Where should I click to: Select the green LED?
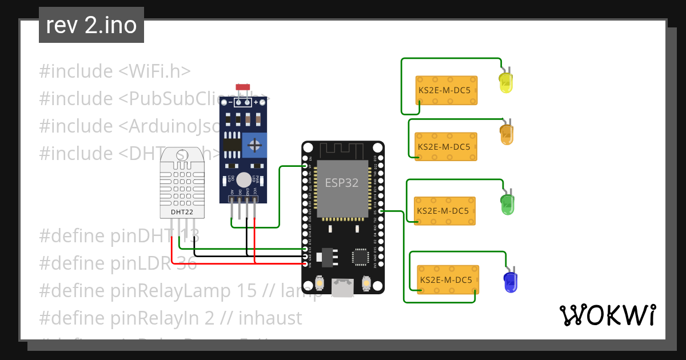[x=507, y=204]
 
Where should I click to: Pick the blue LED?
[x=510, y=282]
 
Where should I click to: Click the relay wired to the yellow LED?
[x=446, y=90]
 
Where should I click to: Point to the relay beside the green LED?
[x=444, y=210]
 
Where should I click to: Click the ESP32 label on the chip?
[x=342, y=183]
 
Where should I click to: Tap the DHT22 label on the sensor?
[x=182, y=212]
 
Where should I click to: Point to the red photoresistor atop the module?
[x=244, y=87]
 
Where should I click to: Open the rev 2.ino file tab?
[x=91, y=25]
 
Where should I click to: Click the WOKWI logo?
[x=607, y=315]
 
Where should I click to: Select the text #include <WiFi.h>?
[x=114, y=71]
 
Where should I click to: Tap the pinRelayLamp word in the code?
[x=171, y=290]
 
